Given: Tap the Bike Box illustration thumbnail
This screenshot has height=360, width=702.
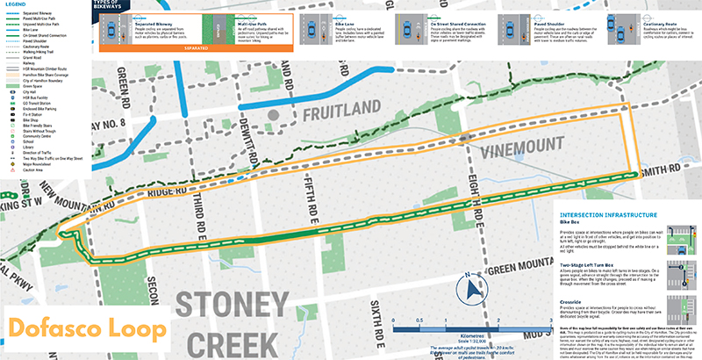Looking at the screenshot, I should click(680, 236).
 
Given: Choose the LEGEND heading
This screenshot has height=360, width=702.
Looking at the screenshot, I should click(12, 5).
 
